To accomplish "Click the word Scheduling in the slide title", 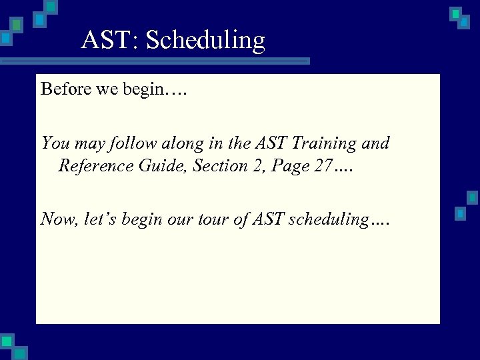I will click(x=205, y=41).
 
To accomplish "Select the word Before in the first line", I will click(x=65, y=89).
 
